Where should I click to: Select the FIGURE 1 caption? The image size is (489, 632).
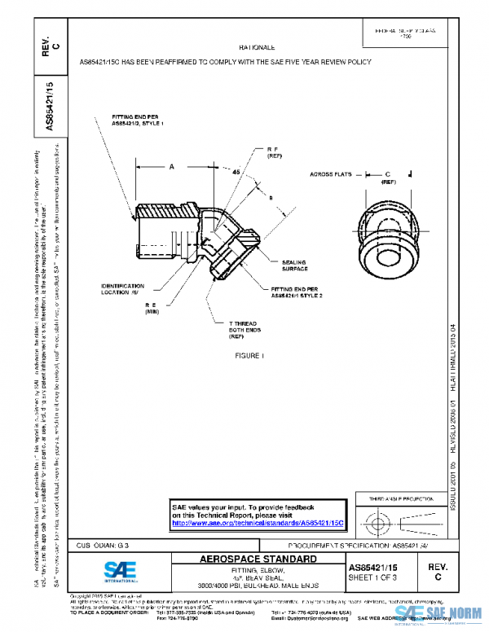pos(249,356)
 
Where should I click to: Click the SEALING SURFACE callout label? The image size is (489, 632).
pos(295,265)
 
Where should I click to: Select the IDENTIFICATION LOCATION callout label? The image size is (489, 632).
pos(123,289)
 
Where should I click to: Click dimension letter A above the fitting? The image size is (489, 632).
pos(172,167)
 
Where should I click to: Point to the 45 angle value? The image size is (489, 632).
pos(236,173)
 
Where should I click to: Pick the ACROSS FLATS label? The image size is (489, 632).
pos(332,174)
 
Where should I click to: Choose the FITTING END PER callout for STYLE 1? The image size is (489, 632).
pos(138,120)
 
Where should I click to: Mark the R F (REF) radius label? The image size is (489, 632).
pos(274,154)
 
